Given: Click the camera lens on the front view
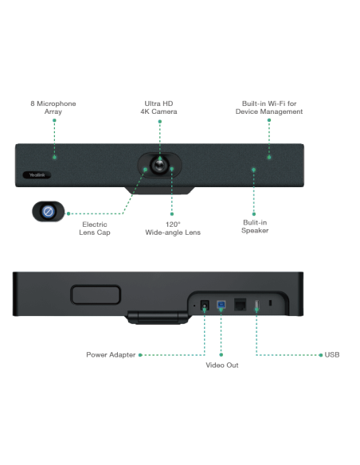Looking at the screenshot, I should tap(162, 162).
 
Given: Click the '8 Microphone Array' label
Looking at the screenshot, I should tap(52, 107).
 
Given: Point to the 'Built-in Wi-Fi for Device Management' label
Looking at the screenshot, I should tap(272, 107).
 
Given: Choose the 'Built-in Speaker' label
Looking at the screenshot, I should tap(256, 225).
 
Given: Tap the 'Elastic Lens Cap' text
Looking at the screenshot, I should tap(96, 229).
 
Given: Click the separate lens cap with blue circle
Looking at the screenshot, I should tap(47, 213).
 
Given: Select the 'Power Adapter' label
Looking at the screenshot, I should tap(111, 354).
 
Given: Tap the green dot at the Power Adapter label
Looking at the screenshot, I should tap(140, 354).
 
